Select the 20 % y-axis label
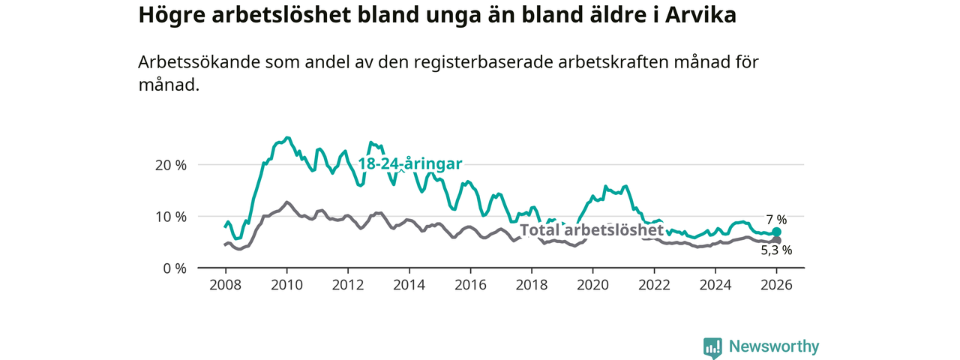tap(170, 165)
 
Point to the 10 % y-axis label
tap(170, 217)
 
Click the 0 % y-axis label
tap(174, 268)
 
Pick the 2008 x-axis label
tap(225, 285)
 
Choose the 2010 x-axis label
tap(286, 285)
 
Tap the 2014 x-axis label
tap(409, 285)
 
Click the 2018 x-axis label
tap(532, 285)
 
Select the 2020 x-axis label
tap(592, 285)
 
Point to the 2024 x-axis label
tap(715, 285)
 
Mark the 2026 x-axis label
tap(777, 285)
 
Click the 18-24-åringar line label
tap(409, 164)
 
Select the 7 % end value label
tap(776, 220)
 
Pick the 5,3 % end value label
tap(776, 250)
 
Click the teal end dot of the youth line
tap(777, 232)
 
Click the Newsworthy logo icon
tap(712, 347)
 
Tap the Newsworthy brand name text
tap(774, 346)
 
